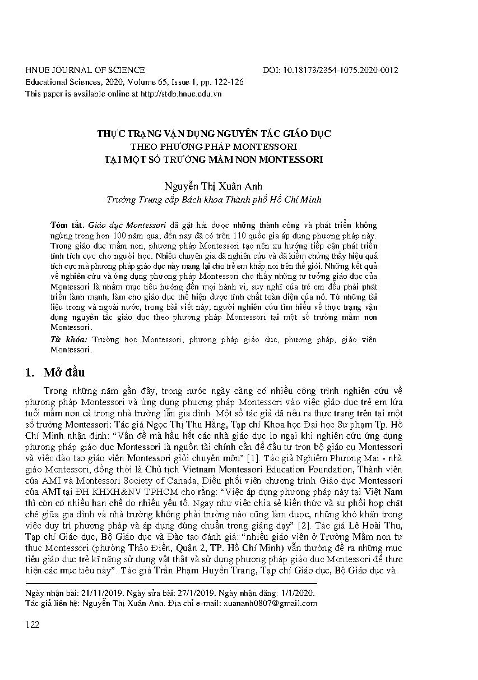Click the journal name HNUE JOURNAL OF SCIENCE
coord(85,70)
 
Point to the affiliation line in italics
coord(214,199)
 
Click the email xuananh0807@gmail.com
coord(270,604)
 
